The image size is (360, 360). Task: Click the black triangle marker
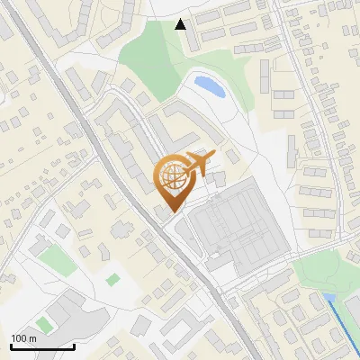[x=181, y=24]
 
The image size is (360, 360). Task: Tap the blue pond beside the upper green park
[x=209, y=86]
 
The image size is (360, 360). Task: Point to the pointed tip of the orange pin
[x=173, y=211]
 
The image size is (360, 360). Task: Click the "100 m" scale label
[x=24, y=338]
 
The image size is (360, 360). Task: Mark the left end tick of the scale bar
[x=11, y=346]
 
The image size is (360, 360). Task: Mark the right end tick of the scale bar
[x=74, y=346]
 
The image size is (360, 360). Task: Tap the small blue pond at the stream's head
[x=328, y=297]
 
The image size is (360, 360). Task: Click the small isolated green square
[x=112, y=280]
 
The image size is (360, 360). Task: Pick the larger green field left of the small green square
[x=56, y=260]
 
